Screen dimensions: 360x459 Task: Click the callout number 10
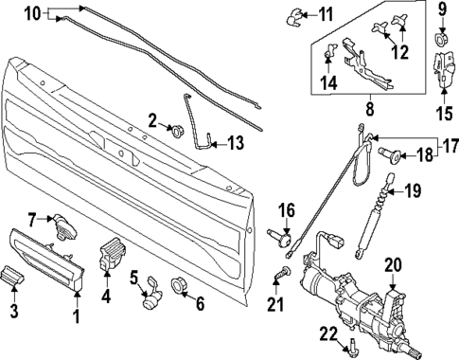[x=32, y=14]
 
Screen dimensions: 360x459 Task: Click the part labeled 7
[x=64, y=224]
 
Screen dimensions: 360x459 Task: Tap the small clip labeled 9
[x=442, y=40]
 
